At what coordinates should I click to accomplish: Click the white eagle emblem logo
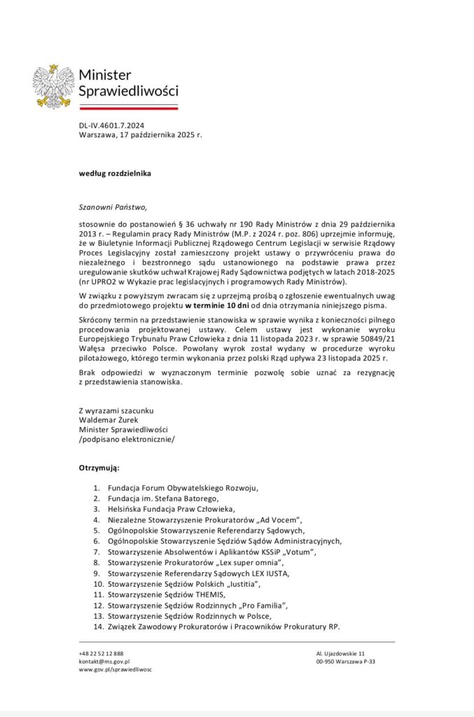(53, 86)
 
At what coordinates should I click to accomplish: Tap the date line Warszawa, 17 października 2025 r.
(140, 134)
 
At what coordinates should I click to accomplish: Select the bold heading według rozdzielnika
(115, 172)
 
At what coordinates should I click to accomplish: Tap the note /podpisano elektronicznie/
(127, 439)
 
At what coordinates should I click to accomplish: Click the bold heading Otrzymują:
(99, 466)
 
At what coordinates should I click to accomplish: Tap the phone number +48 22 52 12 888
(101, 653)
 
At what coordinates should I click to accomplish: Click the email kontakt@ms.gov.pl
(104, 661)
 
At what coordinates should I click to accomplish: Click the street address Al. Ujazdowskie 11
(340, 653)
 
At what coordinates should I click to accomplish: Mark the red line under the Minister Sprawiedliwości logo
(128, 108)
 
